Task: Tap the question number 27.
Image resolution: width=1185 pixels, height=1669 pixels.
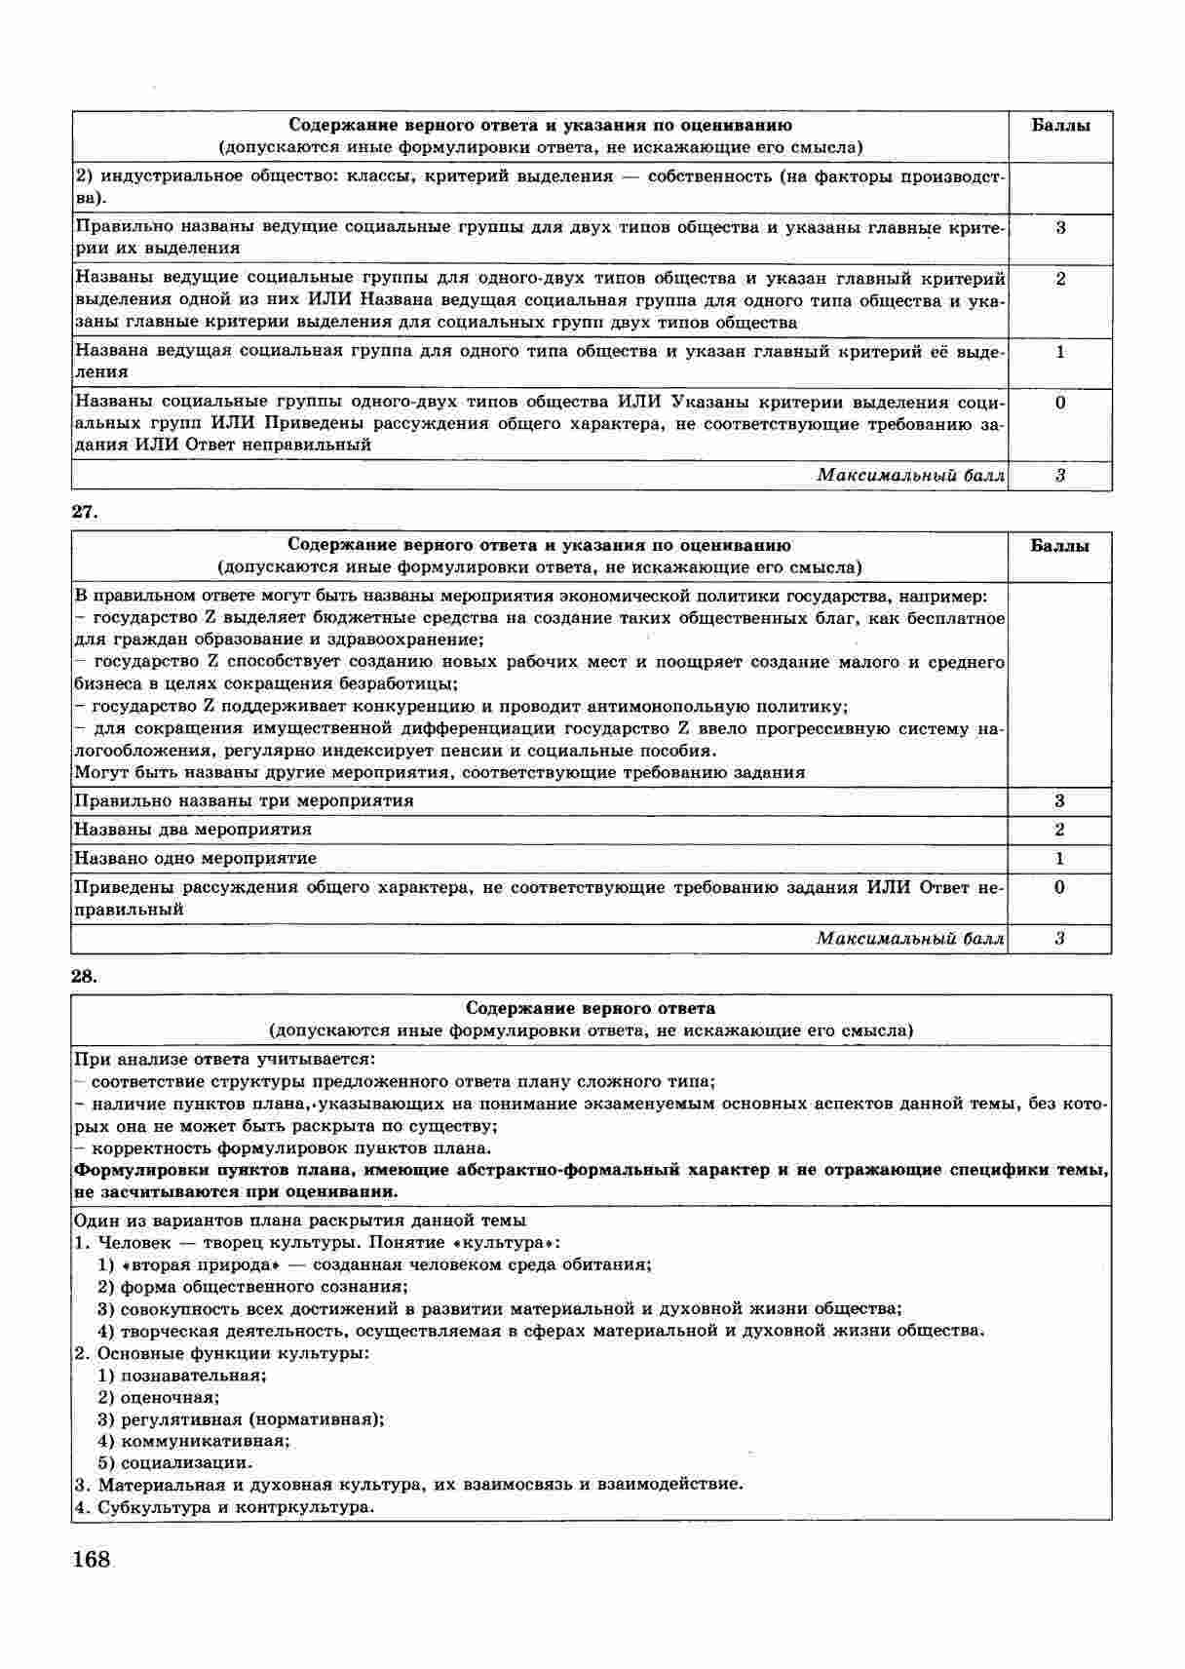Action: [x=85, y=512]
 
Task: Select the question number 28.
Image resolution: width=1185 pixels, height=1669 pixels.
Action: [x=85, y=975]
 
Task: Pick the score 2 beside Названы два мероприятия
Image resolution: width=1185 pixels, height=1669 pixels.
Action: [x=1059, y=830]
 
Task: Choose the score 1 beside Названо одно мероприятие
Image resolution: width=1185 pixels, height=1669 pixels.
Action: [x=1059, y=859]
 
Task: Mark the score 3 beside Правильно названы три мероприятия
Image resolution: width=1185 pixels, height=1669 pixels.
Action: [x=1059, y=801]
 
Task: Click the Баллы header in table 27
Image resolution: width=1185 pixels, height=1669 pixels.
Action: [x=1059, y=546]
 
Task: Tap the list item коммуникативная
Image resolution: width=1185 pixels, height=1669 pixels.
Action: [x=204, y=1441]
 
